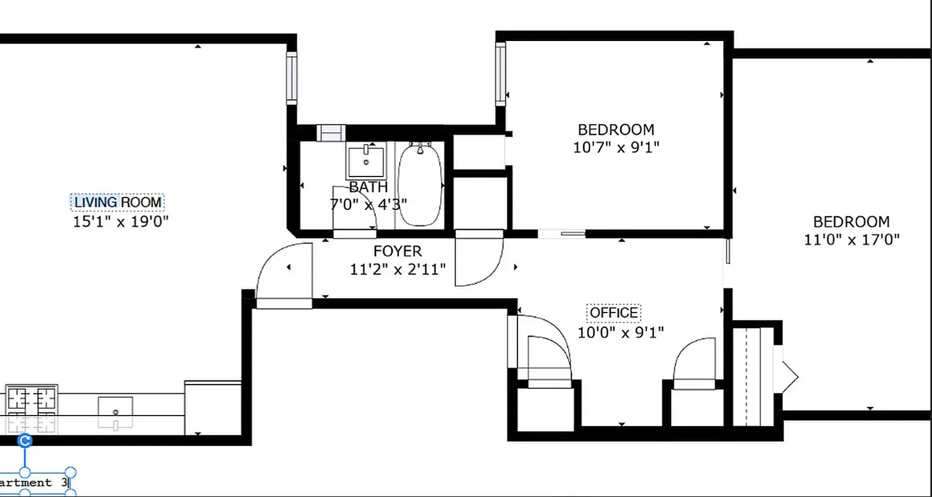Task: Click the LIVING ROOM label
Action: click(x=117, y=203)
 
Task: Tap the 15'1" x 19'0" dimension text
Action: click(x=121, y=221)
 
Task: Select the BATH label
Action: click(x=368, y=187)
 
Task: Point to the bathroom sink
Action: click(x=366, y=161)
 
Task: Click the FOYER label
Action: click(x=398, y=252)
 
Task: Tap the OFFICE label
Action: click(x=614, y=312)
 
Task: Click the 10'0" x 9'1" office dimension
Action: click(x=621, y=332)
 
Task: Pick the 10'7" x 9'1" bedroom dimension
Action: click(x=616, y=148)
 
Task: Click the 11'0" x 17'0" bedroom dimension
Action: click(x=852, y=240)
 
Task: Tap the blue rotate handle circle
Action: click(x=25, y=441)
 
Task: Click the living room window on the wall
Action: click(x=291, y=78)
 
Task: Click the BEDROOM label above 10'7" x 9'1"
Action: click(x=616, y=130)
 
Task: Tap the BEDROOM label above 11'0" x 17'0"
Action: click(x=851, y=222)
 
